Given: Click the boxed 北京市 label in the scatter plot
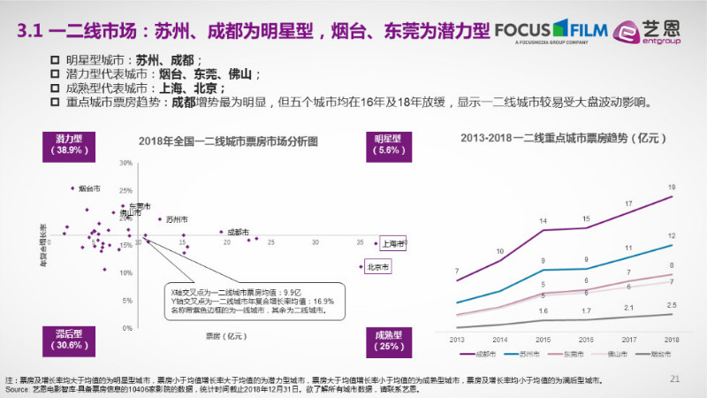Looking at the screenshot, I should (x=378, y=266).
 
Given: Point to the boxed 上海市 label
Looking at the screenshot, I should (x=393, y=243).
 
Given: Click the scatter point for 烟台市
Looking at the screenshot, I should (x=73, y=188).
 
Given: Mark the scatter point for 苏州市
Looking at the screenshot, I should (x=160, y=218).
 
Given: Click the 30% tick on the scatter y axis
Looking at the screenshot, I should (x=125, y=164).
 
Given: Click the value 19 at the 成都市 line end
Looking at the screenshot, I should (x=672, y=188).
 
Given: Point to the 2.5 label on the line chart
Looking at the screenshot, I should (x=672, y=305).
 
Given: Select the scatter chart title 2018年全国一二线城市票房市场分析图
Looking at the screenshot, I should (x=228, y=142).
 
